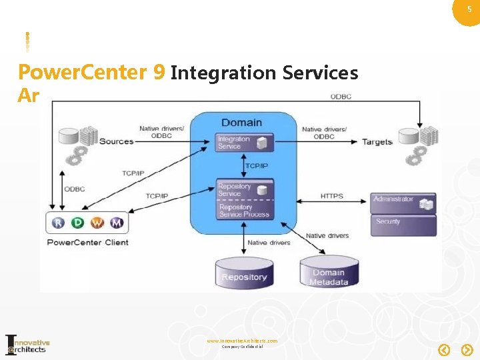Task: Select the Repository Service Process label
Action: pos(244,211)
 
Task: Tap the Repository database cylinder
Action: pos(245,274)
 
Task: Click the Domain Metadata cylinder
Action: pos(329,273)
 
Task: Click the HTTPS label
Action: pos(331,196)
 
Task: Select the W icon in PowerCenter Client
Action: pos(97,223)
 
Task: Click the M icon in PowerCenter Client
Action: pos(117,223)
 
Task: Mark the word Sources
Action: pos(116,141)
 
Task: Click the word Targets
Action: pos(377,141)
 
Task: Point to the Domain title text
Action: pos(241,122)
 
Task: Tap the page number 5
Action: pos(469,9)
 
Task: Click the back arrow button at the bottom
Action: pos(445,349)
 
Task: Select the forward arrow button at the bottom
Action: pos(467,349)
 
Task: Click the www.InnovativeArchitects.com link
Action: pos(242,341)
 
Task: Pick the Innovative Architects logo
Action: pos(27,344)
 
